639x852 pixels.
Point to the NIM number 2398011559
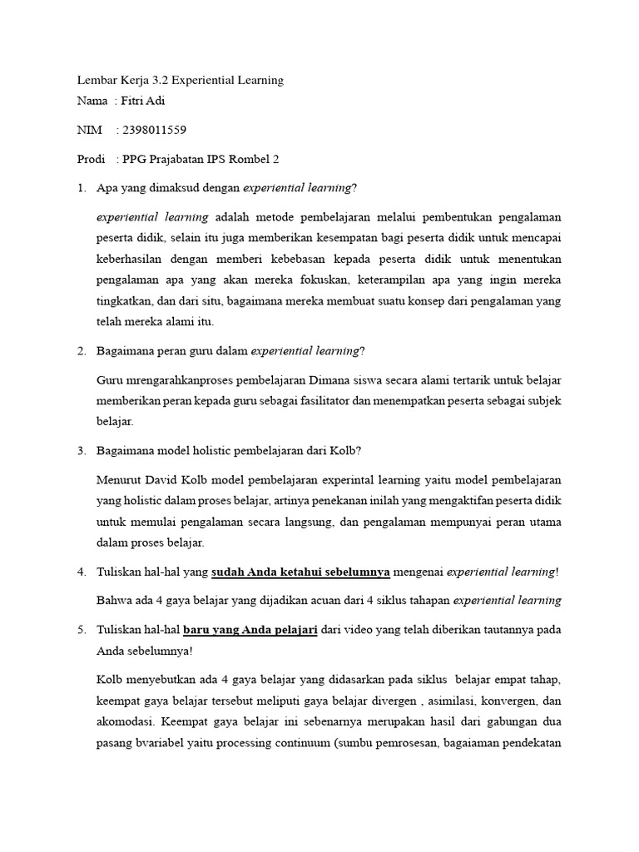tap(154, 131)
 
